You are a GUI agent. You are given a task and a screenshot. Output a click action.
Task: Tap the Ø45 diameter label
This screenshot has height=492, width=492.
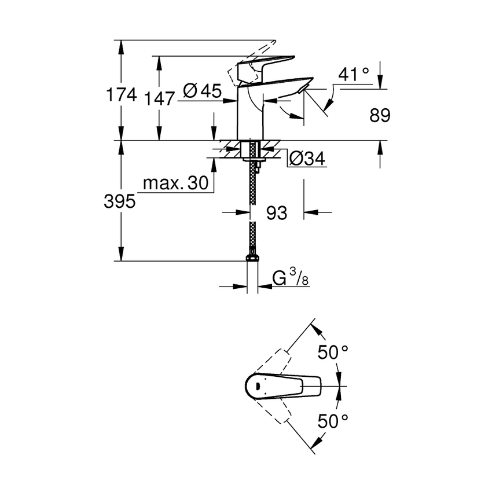[x=203, y=91]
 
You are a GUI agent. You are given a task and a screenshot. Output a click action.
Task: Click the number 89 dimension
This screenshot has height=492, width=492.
[x=380, y=116]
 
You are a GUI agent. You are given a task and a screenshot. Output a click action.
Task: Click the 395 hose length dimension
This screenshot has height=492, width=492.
[x=120, y=201]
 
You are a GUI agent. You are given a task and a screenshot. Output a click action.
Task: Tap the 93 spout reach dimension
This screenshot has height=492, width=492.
[x=277, y=213]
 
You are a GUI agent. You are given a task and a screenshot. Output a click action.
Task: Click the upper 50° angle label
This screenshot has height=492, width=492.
[x=333, y=352]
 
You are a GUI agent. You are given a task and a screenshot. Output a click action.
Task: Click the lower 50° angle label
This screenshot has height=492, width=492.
[x=333, y=421]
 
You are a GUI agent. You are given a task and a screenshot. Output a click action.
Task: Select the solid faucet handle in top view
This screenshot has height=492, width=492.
[x=284, y=385]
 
